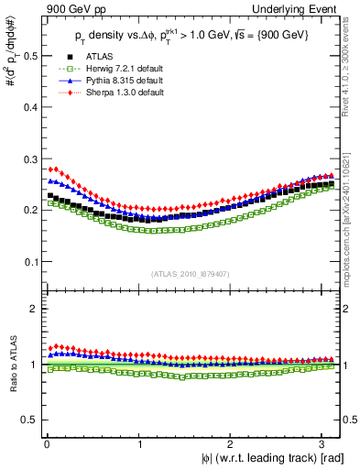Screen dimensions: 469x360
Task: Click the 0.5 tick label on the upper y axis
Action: [29, 56]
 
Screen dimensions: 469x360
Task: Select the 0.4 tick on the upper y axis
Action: [29, 107]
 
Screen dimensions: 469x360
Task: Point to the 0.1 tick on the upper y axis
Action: [29, 262]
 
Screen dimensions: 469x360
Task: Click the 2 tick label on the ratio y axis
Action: [34, 309]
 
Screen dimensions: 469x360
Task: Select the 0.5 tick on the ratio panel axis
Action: [29, 420]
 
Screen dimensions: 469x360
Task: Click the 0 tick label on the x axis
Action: [46, 442]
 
